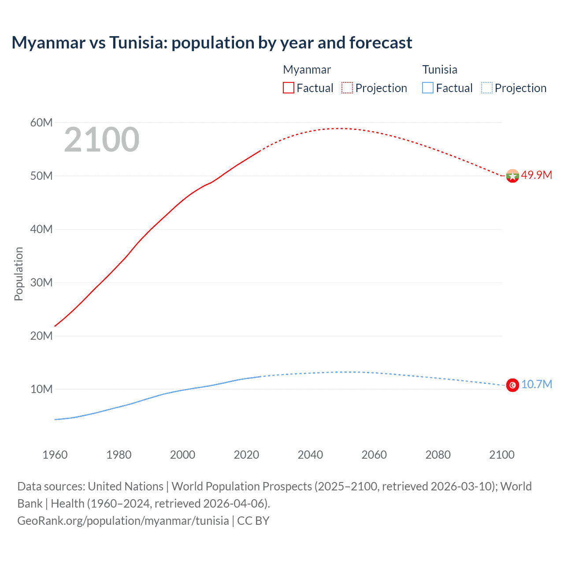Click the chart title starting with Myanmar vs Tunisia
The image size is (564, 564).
point(212,43)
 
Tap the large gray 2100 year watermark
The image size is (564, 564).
point(102,140)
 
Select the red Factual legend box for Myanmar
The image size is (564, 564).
point(289,88)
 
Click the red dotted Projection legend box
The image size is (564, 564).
point(347,88)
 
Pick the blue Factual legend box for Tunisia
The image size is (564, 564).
point(428,88)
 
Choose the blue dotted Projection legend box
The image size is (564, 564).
point(486,88)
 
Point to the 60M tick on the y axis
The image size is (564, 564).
point(41,122)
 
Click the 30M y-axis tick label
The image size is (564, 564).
point(41,282)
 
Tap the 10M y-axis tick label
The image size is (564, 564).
point(41,389)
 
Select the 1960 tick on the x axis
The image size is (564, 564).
point(55,455)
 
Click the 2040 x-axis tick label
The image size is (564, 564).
point(310,455)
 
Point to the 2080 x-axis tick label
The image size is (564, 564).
point(438,455)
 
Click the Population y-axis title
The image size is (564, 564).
point(19,274)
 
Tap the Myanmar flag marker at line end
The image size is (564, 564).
point(512,176)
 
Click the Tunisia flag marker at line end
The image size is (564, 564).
point(512,385)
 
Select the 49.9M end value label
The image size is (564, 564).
point(536,175)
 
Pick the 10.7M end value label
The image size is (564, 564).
point(536,384)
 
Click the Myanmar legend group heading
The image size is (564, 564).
point(307,70)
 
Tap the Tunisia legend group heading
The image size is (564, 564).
point(440,70)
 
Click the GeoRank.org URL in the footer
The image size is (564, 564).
point(123,521)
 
